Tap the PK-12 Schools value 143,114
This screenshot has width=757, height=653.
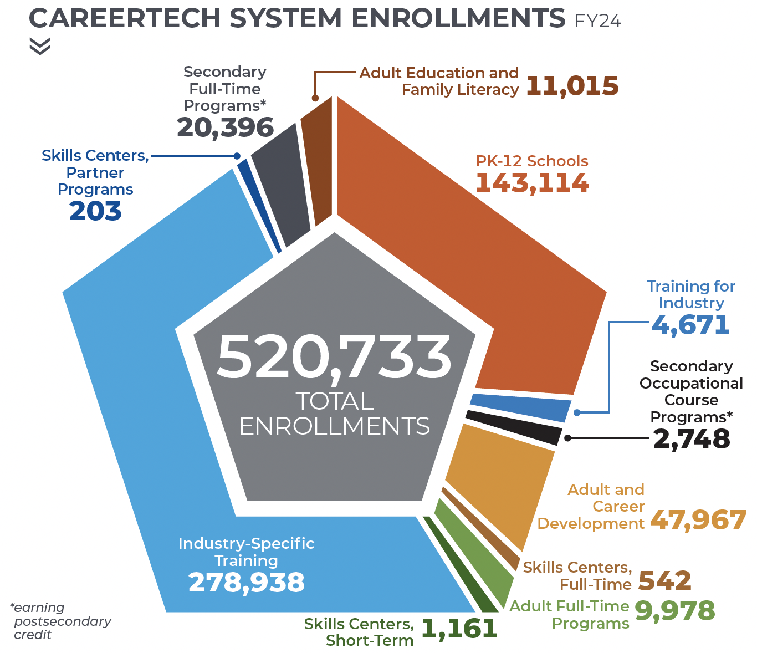coord(532,183)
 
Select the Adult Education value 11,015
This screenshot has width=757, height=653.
coord(572,86)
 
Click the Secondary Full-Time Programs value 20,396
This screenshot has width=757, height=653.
coord(225,127)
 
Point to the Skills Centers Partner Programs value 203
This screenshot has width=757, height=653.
coord(95,211)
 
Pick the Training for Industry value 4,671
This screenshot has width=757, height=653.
coord(690,325)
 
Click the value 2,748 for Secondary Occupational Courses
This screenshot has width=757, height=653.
coord(692,439)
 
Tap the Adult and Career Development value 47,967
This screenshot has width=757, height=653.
coord(698,520)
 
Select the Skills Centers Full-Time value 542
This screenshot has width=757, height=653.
coord(665,581)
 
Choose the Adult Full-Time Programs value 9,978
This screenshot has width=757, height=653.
coord(675,611)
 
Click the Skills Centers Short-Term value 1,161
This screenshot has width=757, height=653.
coord(459,629)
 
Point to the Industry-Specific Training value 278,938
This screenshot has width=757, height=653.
coord(247,583)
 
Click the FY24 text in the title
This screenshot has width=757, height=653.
coord(598,21)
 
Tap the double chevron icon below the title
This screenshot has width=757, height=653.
coord(40,47)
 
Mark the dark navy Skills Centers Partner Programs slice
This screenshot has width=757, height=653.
coord(259,205)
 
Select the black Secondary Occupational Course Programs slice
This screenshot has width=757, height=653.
coord(513,426)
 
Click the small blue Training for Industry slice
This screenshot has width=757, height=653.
coord(519,406)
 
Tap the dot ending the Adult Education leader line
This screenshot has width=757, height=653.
coord(315,98)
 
